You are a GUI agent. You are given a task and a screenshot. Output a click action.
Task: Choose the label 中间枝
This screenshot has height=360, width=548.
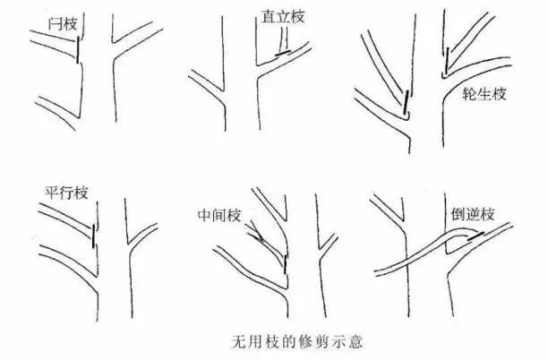coord(219,216)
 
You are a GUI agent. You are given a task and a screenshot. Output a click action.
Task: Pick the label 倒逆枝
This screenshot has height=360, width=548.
coord(470,216)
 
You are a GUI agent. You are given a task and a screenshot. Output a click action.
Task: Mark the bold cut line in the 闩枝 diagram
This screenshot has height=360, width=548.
coord(78,51)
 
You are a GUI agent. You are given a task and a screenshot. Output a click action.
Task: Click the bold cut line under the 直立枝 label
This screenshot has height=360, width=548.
coord(283,55)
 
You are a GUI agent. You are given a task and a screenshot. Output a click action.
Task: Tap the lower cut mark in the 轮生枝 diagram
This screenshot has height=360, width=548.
coord(407,106)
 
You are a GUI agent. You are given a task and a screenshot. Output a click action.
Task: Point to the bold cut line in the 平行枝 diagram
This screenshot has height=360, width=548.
coord(92,235)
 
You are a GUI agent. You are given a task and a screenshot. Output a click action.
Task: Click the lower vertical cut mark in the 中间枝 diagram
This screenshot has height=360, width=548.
coord(286,263)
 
